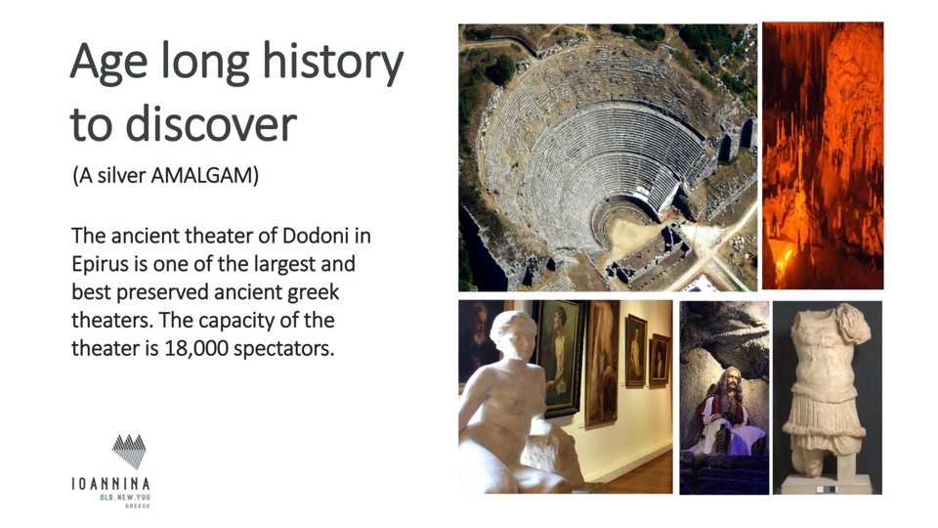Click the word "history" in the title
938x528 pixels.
pos(332,64)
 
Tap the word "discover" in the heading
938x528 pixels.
pos(211,123)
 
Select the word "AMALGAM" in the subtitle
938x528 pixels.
pos(204,176)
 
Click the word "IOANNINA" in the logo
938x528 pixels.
pos(110,484)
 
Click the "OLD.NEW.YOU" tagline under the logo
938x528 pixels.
pos(125,498)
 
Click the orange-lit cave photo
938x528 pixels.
pos(823,156)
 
